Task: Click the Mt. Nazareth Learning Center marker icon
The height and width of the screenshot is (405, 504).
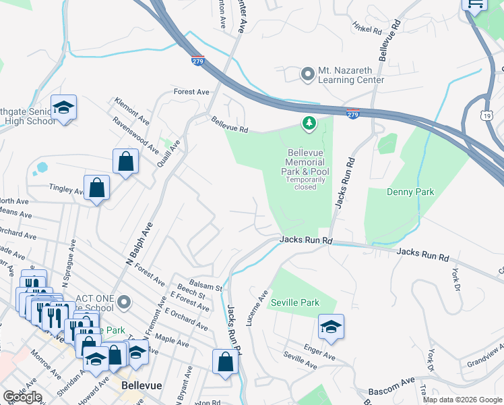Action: pos(308,73)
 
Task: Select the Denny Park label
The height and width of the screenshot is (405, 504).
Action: pos(410,192)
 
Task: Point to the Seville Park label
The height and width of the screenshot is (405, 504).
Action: pos(294,303)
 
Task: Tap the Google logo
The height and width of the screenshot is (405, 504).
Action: pos(22,397)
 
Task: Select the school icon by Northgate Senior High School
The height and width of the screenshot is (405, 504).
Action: pos(63,108)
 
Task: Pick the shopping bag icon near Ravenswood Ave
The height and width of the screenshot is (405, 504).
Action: pos(125,162)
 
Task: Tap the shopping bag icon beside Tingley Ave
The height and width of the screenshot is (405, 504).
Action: pos(97,188)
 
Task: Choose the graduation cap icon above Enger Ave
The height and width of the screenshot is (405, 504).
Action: pos(331,328)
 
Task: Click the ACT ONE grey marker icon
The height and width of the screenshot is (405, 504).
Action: pos(123,301)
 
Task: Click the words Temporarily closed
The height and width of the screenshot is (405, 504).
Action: pos(305,183)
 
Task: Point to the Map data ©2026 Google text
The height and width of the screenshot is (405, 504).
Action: pos(462,399)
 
